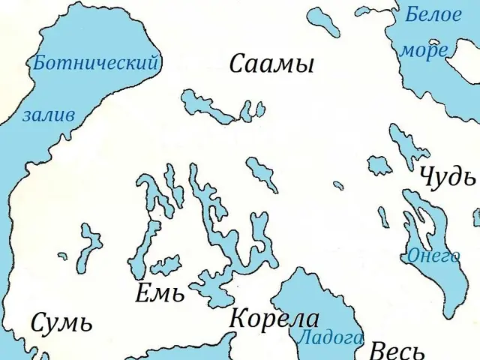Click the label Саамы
click(x=271, y=64)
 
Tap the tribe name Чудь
click(x=448, y=177)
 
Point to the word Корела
click(x=274, y=318)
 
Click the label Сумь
click(x=61, y=323)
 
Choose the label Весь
click(x=397, y=351)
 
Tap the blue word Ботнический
click(x=95, y=63)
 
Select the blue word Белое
click(x=433, y=14)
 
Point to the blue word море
click(x=424, y=50)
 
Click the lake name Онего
click(x=433, y=256)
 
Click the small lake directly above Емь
click(x=165, y=265)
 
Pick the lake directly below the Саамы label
click(x=217, y=109)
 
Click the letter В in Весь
click(x=378, y=351)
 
